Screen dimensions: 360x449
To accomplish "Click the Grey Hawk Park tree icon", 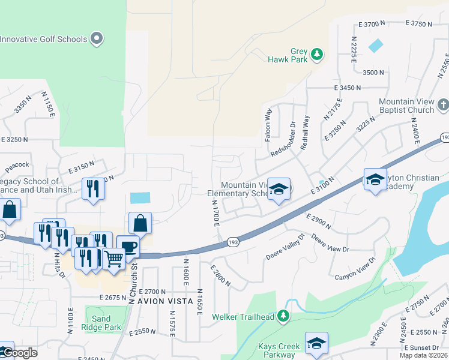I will [316, 56].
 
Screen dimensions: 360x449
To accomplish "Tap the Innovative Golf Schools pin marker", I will [97, 40].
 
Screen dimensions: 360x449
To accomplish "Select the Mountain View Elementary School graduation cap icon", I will [278, 189].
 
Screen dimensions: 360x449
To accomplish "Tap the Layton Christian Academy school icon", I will [375, 179].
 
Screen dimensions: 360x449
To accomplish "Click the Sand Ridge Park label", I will [103, 323].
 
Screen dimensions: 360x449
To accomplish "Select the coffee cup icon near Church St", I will [127, 247].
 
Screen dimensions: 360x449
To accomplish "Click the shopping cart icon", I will [113, 259].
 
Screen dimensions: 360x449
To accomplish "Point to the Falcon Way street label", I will [268, 125].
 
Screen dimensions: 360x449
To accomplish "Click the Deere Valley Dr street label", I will [286, 247].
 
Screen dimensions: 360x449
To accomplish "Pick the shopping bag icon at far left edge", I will [10, 210].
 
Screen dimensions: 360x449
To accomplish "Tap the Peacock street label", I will [17, 164].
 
